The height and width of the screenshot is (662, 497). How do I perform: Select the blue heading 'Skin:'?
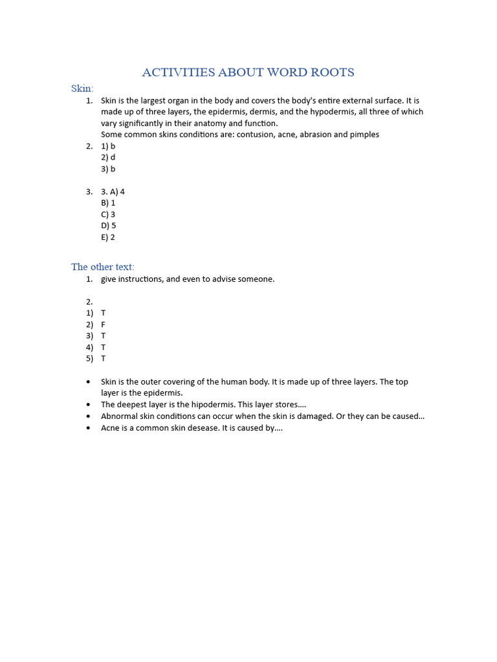[x=82, y=88]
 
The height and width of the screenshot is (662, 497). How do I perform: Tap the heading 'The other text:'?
[x=103, y=267]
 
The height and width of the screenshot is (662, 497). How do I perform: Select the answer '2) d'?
[x=108, y=157]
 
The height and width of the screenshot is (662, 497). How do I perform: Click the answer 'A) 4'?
[x=117, y=192]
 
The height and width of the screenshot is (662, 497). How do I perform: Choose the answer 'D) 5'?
[x=108, y=226]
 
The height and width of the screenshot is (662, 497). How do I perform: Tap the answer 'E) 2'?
[x=108, y=237]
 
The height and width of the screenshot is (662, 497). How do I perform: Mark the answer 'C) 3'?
[x=108, y=215]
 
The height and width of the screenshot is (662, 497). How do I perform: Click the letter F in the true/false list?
[x=103, y=325]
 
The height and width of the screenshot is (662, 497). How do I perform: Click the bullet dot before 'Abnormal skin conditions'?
[x=88, y=416]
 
